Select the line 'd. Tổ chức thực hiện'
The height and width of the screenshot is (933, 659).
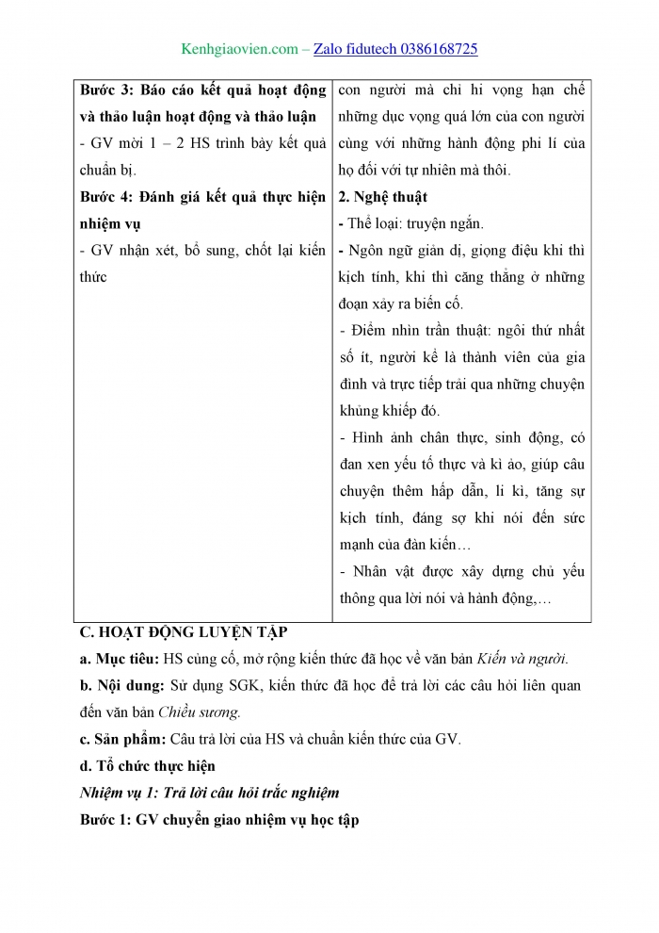tap(147, 766)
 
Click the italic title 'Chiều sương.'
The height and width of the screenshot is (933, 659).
tap(200, 713)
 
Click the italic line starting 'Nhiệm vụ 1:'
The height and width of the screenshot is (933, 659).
tap(209, 793)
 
